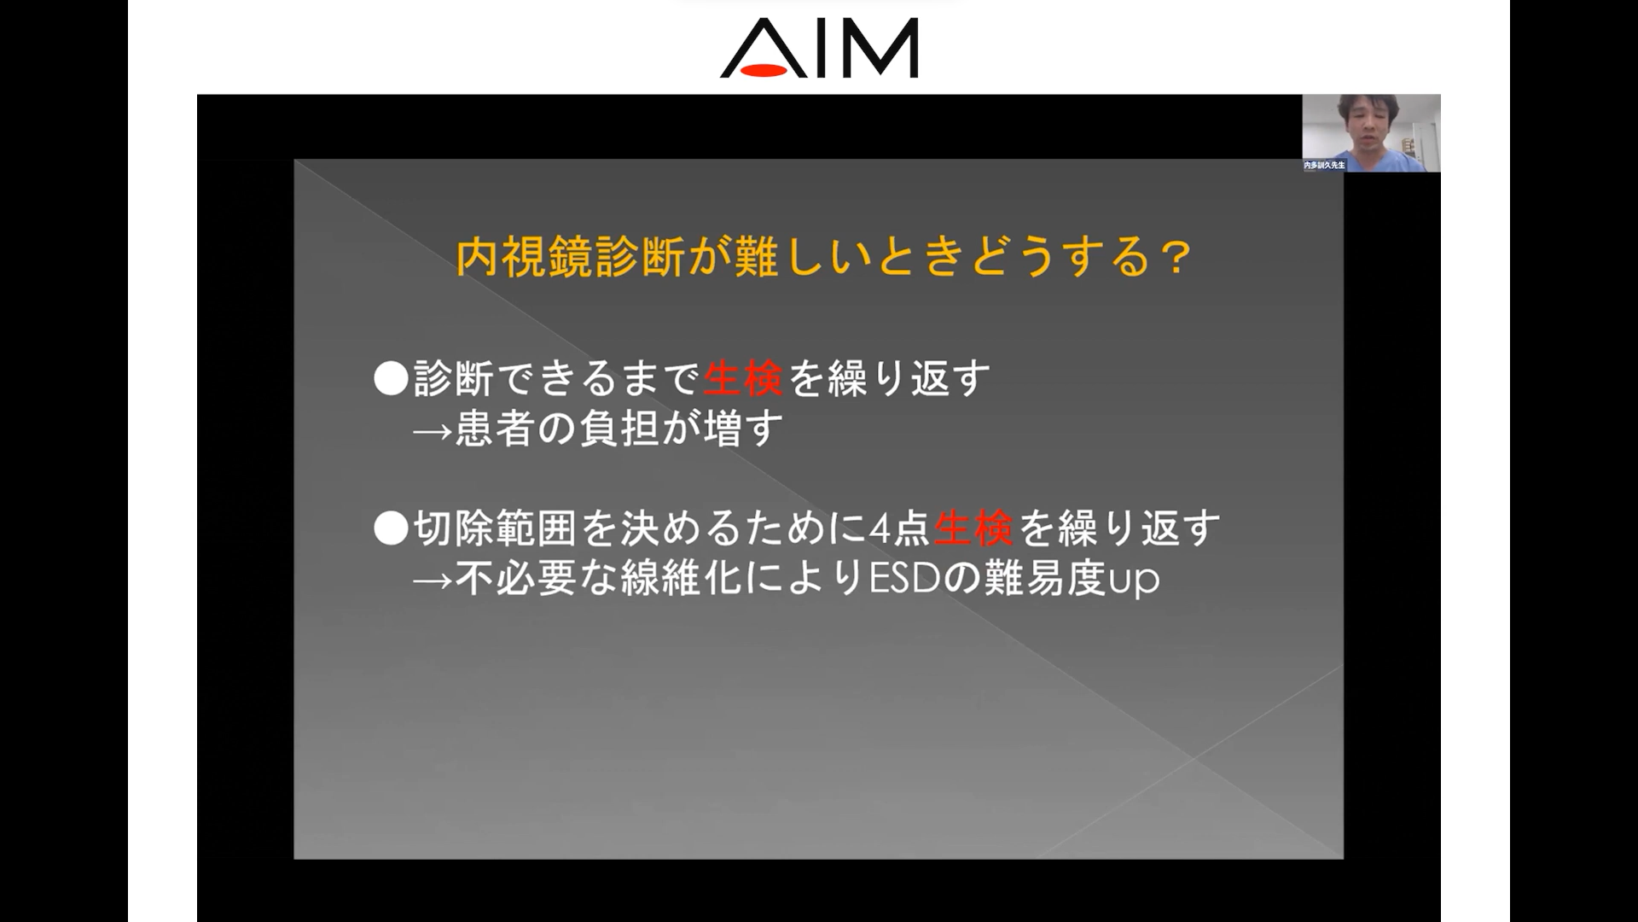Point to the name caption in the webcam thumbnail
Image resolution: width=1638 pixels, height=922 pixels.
(1324, 165)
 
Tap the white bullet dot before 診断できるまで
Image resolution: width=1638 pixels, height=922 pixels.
(392, 378)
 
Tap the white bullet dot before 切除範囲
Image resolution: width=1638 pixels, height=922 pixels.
(392, 529)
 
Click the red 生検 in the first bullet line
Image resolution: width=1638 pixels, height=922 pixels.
(743, 378)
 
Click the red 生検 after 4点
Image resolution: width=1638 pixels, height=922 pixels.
(973, 529)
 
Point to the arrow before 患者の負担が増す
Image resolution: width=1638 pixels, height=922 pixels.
(433, 430)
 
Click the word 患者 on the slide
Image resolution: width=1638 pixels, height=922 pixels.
(495, 429)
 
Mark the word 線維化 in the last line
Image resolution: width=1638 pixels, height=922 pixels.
(682, 580)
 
